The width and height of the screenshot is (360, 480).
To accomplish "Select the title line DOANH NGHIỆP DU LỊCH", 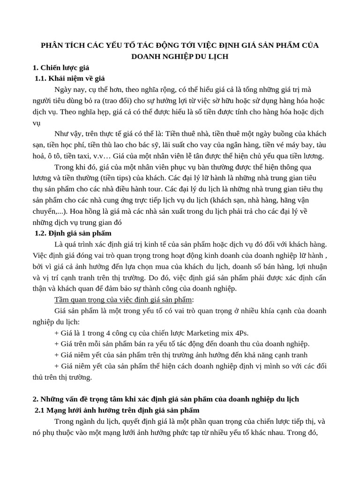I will click(180, 56).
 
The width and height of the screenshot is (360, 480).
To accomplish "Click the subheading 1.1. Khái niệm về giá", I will click(73, 78).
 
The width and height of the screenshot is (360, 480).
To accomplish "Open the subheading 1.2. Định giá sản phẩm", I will click(74, 233).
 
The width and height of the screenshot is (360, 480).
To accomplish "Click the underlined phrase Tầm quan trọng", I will click(78, 300).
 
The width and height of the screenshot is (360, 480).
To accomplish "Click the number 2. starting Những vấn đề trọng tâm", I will click(36, 399).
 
